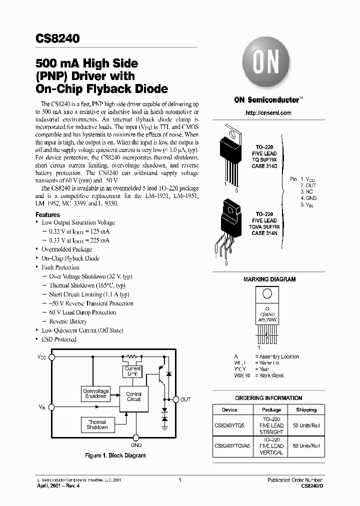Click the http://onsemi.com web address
tap(268, 113)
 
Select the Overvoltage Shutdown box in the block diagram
tap(95, 393)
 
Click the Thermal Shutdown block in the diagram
tap(97, 425)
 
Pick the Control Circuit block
tap(133, 396)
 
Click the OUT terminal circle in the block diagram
tap(175, 399)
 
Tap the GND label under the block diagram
tap(136, 445)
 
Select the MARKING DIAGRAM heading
tap(269, 279)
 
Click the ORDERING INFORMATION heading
tap(268, 398)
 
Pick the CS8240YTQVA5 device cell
tap(229, 445)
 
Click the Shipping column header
tap(306, 410)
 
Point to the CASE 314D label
tap(264, 165)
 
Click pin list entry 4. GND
tap(308, 198)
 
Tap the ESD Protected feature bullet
tap(58, 339)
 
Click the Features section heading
tap(47, 214)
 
